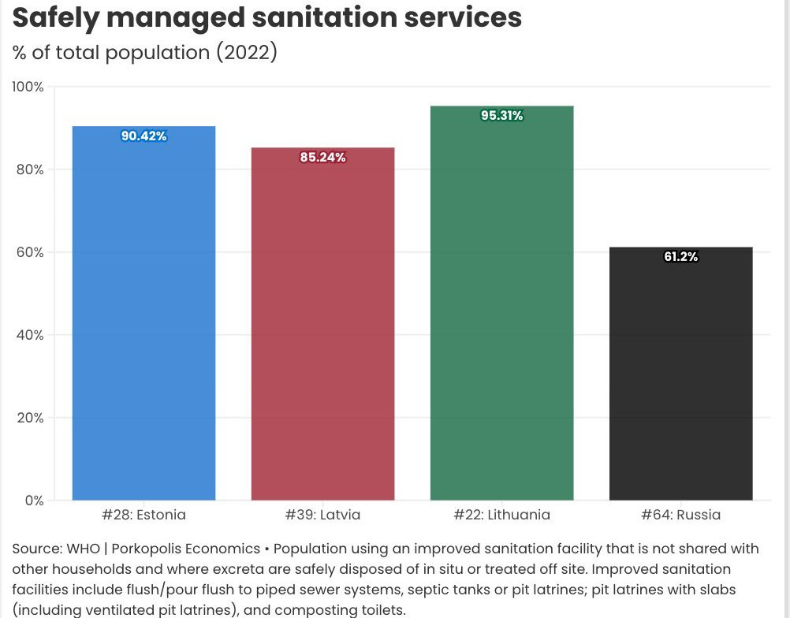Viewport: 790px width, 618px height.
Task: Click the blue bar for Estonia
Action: pos(143,315)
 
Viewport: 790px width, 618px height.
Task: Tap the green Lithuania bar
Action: pos(501,307)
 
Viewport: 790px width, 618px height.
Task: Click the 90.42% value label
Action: pos(143,136)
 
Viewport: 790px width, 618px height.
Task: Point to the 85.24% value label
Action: pos(322,158)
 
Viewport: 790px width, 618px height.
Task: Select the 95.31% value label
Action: pos(501,116)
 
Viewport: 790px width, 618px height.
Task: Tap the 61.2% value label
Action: pos(680,257)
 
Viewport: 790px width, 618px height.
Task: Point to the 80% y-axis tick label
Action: pos(29,169)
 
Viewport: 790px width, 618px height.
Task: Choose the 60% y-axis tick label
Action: pos(29,252)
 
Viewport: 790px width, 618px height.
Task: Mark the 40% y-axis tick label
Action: pos(29,335)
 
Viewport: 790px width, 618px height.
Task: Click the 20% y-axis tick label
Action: pos(29,418)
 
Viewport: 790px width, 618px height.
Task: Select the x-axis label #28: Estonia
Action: pos(143,516)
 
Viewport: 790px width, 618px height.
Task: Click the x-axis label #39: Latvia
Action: pos(322,516)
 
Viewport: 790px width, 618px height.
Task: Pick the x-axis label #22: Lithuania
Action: pos(501,516)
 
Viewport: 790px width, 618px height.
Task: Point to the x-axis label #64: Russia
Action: pos(680,516)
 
